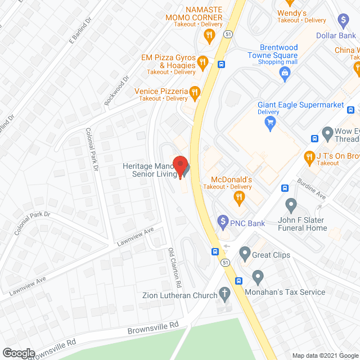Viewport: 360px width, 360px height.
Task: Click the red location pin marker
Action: tap(180, 166)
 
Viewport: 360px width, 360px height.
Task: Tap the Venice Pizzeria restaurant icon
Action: tap(195, 92)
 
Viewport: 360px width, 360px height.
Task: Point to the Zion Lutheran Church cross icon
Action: tap(224, 294)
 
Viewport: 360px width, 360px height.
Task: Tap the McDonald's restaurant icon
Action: tap(238, 196)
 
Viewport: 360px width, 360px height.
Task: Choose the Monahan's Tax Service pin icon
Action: tap(258, 276)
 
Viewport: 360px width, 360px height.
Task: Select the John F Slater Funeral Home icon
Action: tap(291, 204)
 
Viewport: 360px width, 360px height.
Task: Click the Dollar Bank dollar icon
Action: tap(343, 20)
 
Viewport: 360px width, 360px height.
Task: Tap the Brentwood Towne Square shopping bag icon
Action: tap(285, 71)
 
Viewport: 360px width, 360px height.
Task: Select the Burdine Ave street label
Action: tap(313, 191)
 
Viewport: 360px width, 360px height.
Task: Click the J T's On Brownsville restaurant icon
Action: tap(308, 156)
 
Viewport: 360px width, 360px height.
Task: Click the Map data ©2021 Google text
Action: tap(325, 355)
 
